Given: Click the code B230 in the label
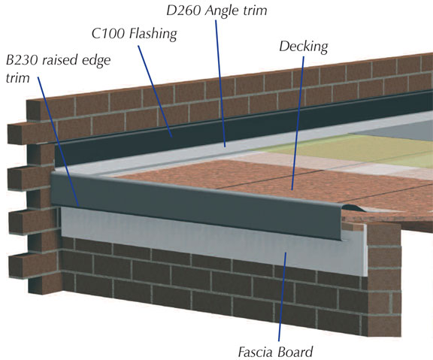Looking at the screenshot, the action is pyautogui.click(x=22, y=60).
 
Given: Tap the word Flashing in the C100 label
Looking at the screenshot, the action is pyautogui.click(x=153, y=35).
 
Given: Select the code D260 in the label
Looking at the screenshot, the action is pyautogui.click(x=184, y=11).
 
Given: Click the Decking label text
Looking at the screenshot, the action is pyautogui.click(x=304, y=47).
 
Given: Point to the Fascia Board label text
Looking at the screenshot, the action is pyautogui.click(x=275, y=352).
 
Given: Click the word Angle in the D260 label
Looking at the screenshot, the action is pyautogui.click(x=223, y=11).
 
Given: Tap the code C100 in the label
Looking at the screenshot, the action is pyautogui.click(x=109, y=34).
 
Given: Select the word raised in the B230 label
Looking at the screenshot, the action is pyautogui.click(x=56, y=60).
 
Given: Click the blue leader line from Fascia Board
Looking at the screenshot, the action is pyautogui.click(x=282, y=297).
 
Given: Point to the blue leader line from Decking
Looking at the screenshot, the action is pyautogui.click(x=298, y=123).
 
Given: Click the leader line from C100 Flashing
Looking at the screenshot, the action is pyautogui.click(x=155, y=92).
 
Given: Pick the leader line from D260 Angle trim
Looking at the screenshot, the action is pyautogui.click(x=220, y=83).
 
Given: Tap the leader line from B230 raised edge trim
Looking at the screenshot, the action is pyautogui.click(x=59, y=141).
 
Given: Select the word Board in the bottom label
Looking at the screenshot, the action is pyautogui.click(x=295, y=352).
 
